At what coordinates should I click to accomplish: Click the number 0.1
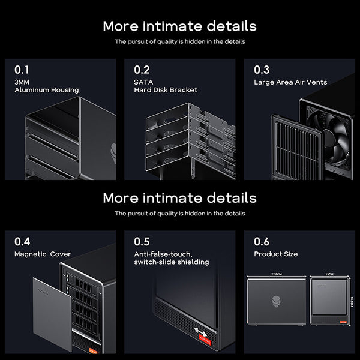pos(21,69)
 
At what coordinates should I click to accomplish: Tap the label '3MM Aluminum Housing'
pos(46,85)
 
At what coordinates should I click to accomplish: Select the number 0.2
pos(142,69)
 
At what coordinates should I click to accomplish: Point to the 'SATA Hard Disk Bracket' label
pos(165,85)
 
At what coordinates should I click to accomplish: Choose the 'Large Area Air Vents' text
pos(293,82)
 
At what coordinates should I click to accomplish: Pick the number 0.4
pos(22,242)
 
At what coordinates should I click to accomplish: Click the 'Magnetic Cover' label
pos(43,254)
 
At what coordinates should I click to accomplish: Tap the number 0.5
pos(142,242)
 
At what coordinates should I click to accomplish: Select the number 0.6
pos(262,242)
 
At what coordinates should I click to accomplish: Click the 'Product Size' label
pos(276,254)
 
